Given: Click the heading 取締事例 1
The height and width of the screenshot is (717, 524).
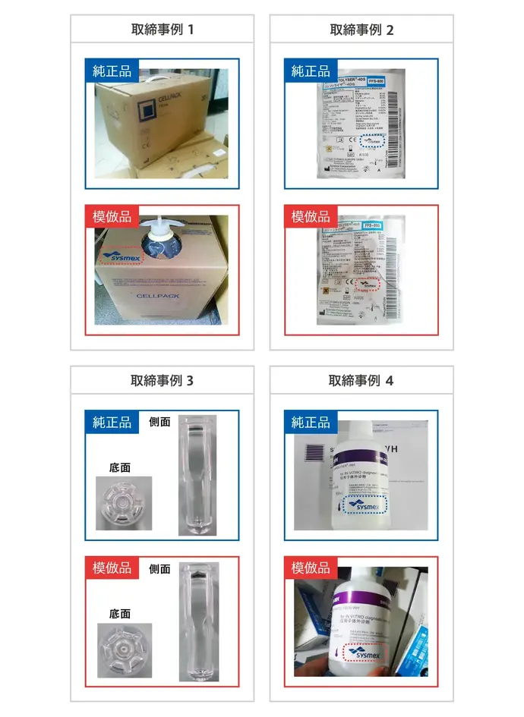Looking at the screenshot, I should tap(163, 30).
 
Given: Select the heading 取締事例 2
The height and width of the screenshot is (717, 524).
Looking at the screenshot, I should tap(361, 30).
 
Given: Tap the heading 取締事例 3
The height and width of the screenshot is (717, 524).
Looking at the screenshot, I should tap(163, 380).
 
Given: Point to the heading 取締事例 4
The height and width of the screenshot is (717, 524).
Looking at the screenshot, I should tap(361, 380).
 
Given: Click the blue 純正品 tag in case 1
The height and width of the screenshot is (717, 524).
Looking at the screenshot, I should tap(112, 71).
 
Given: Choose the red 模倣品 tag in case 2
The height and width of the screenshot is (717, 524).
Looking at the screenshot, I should tap(311, 217).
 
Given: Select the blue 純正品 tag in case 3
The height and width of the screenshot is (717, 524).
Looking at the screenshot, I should tap(112, 423).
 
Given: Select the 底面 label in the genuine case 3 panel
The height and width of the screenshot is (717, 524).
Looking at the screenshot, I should tap(120, 467).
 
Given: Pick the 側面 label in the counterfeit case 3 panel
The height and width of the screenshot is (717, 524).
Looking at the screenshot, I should tap(159, 568).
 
